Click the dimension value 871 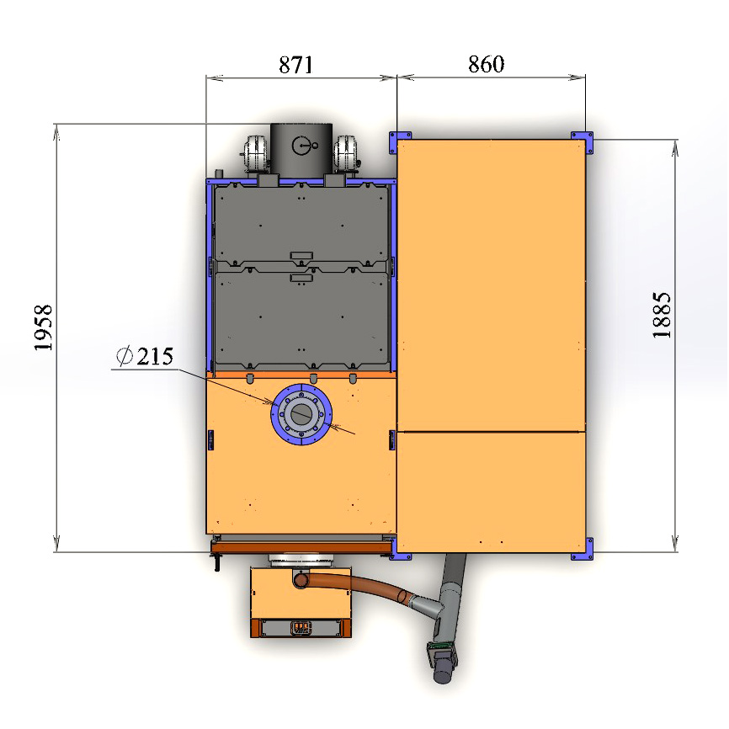pos(295,65)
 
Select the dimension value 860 pos(486,64)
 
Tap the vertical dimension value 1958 pos(43,327)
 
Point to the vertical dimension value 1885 pos(662,315)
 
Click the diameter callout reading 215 pos(145,357)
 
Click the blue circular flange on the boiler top pos(301,414)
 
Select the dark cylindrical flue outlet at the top pos(301,149)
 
